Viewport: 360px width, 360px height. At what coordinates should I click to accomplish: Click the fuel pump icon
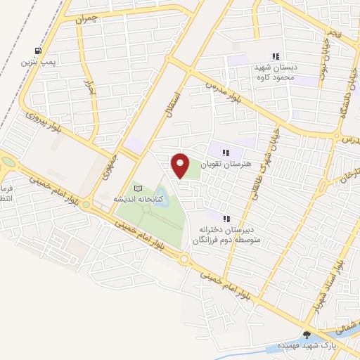pyautogui.click(x=37, y=51)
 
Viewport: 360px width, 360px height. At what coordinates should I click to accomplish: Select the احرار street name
pyautogui.click(x=89, y=87)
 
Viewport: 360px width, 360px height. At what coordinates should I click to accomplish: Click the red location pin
pyautogui.click(x=181, y=165)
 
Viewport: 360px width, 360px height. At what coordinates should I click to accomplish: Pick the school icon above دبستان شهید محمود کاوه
pyautogui.click(x=276, y=56)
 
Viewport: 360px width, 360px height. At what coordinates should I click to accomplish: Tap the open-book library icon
pyautogui.click(x=138, y=188)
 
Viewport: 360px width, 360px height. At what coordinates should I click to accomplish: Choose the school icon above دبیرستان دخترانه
pyautogui.click(x=226, y=218)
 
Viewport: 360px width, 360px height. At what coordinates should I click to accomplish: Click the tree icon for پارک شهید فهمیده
pyautogui.click(x=306, y=334)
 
